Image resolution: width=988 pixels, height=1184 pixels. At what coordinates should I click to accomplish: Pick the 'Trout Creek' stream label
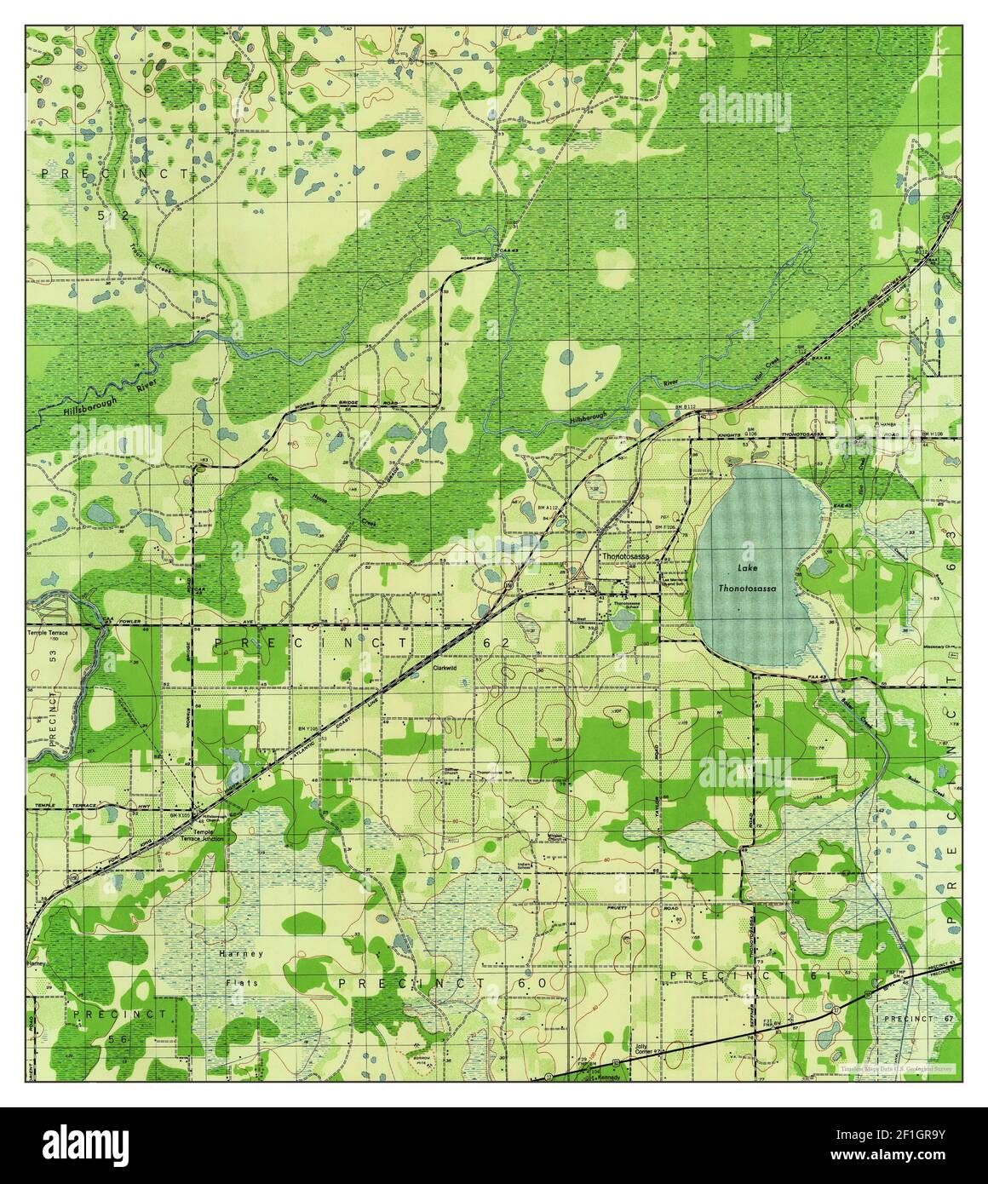coord(141,246)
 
